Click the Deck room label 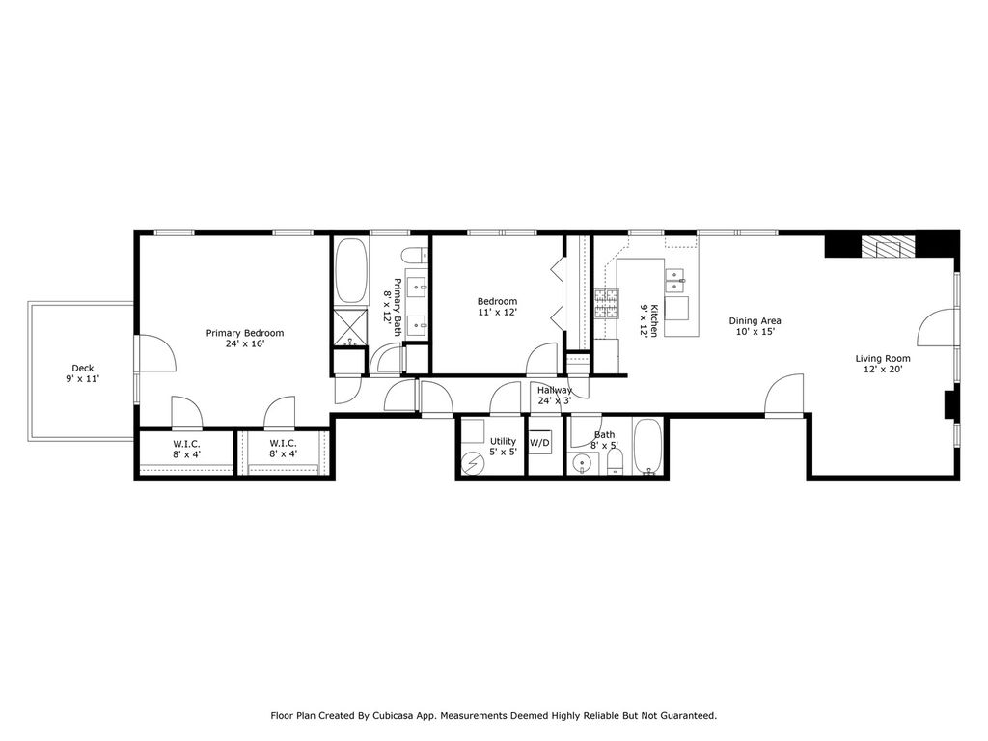(x=83, y=368)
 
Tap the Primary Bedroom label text (x=245, y=333)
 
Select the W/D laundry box (x=539, y=443)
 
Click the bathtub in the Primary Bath (x=351, y=270)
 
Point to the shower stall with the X (x=350, y=326)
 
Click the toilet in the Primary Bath (x=415, y=256)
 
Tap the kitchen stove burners (x=607, y=303)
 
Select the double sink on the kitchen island (x=675, y=281)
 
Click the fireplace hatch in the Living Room (x=889, y=247)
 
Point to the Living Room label (x=882, y=359)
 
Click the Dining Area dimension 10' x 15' (x=755, y=332)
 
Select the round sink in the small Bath (x=581, y=465)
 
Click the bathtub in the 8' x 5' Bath (x=647, y=447)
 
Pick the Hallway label (x=555, y=390)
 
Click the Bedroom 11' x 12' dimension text (x=497, y=312)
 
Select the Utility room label (x=503, y=441)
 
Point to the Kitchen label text (x=655, y=320)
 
